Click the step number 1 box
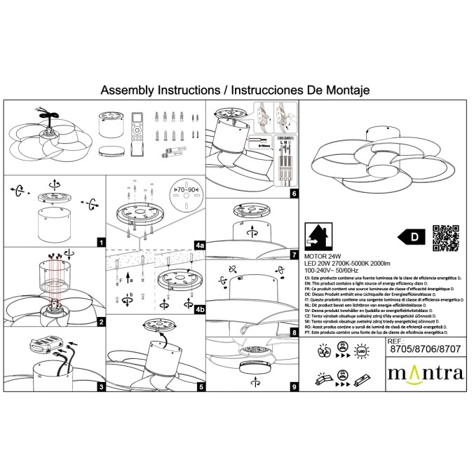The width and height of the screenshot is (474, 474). click(101, 243)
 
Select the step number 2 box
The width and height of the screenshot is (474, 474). click(101, 322)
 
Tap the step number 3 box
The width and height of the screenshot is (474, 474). click(101, 386)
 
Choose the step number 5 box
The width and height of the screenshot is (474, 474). click(201, 386)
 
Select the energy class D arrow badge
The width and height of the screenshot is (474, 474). click(412, 238)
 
